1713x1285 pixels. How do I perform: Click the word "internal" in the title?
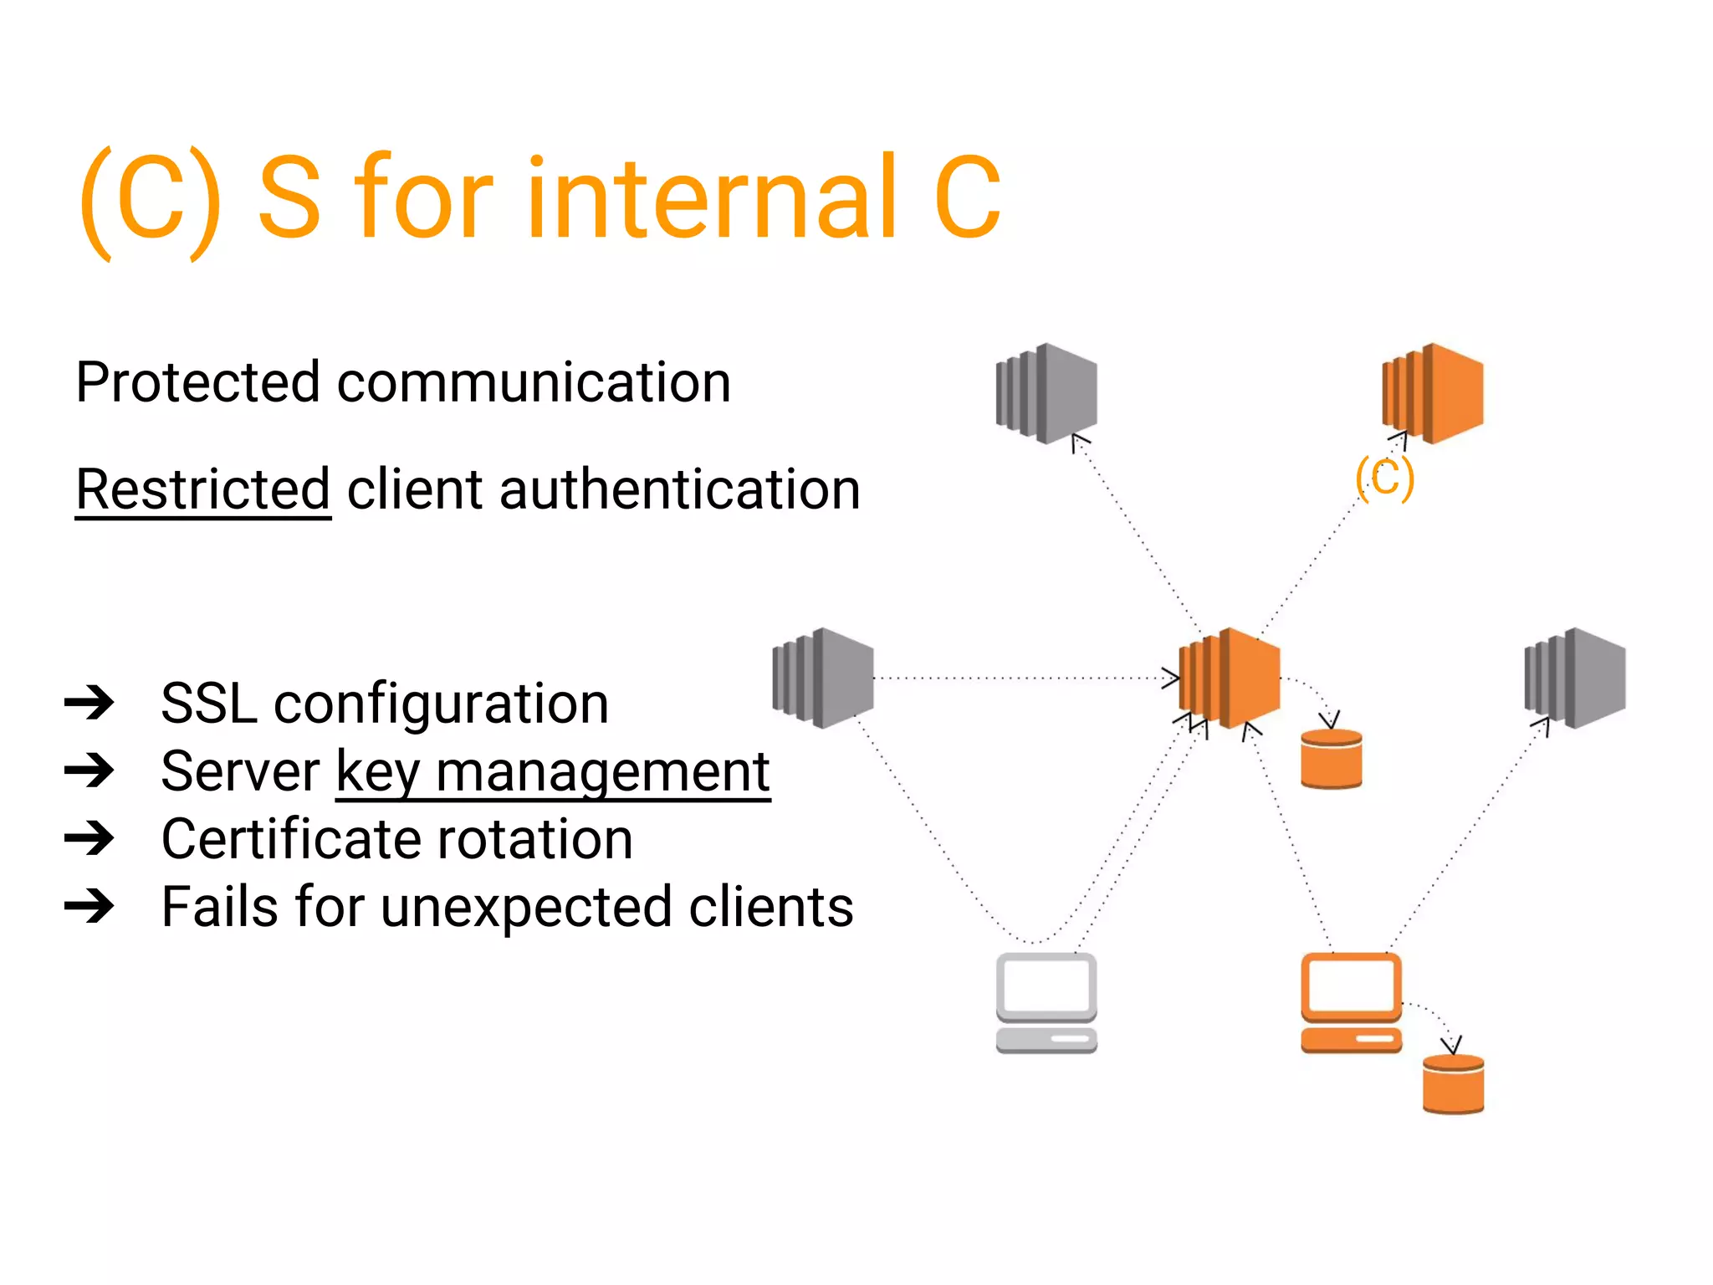(x=711, y=197)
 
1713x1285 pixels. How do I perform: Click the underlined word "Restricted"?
(x=203, y=489)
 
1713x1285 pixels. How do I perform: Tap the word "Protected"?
(x=197, y=382)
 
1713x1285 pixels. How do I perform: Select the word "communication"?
(x=534, y=382)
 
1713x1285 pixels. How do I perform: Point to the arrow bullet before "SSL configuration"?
(x=89, y=703)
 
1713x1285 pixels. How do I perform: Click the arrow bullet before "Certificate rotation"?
(x=89, y=838)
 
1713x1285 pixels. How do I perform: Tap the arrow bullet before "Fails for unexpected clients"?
(x=89, y=906)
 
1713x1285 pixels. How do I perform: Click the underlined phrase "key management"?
(x=553, y=771)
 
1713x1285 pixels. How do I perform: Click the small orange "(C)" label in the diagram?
(x=1384, y=478)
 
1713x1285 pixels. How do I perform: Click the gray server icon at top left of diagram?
(x=1046, y=393)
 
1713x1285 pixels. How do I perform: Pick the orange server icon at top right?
(x=1433, y=393)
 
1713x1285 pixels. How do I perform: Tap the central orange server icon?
(x=1230, y=678)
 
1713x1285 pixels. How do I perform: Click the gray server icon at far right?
(x=1575, y=678)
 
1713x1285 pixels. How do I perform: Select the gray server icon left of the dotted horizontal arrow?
(x=823, y=678)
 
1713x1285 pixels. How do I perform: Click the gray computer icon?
(x=1046, y=1002)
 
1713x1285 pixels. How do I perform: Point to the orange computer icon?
(x=1351, y=1002)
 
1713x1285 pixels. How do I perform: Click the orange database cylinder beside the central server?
(x=1332, y=759)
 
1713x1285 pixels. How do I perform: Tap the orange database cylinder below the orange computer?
(x=1454, y=1084)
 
